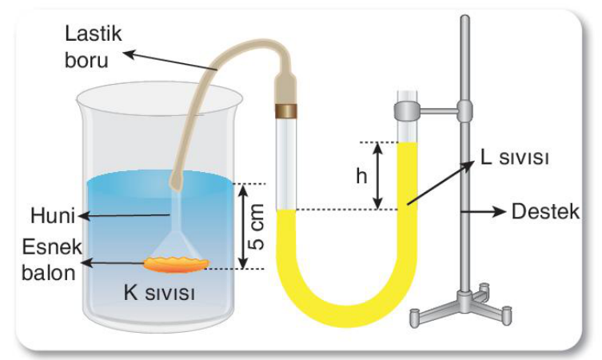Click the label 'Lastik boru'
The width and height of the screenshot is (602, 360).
[94, 47]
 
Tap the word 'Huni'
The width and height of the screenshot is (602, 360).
[53, 215]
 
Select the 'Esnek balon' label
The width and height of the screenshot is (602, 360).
[51, 260]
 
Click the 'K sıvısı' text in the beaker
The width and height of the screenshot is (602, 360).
[159, 293]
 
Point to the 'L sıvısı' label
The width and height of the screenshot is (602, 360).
[515, 157]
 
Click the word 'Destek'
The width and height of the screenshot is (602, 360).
[545, 212]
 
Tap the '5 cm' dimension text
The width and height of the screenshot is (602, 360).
[257, 226]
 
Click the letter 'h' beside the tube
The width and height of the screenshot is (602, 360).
[361, 176]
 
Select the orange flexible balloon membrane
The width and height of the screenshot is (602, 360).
[177, 264]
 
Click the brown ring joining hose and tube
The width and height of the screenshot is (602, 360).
[286, 110]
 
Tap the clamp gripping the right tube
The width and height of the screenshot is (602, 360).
[408, 111]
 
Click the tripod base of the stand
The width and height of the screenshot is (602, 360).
[460, 307]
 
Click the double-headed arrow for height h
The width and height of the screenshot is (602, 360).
[378, 175]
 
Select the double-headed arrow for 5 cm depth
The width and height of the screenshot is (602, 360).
[243, 226]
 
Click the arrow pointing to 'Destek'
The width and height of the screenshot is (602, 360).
[484, 212]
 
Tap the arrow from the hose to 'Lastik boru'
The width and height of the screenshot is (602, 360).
[171, 61]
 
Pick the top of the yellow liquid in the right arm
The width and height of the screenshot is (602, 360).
[408, 143]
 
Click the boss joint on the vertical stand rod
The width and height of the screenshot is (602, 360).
[464, 111]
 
